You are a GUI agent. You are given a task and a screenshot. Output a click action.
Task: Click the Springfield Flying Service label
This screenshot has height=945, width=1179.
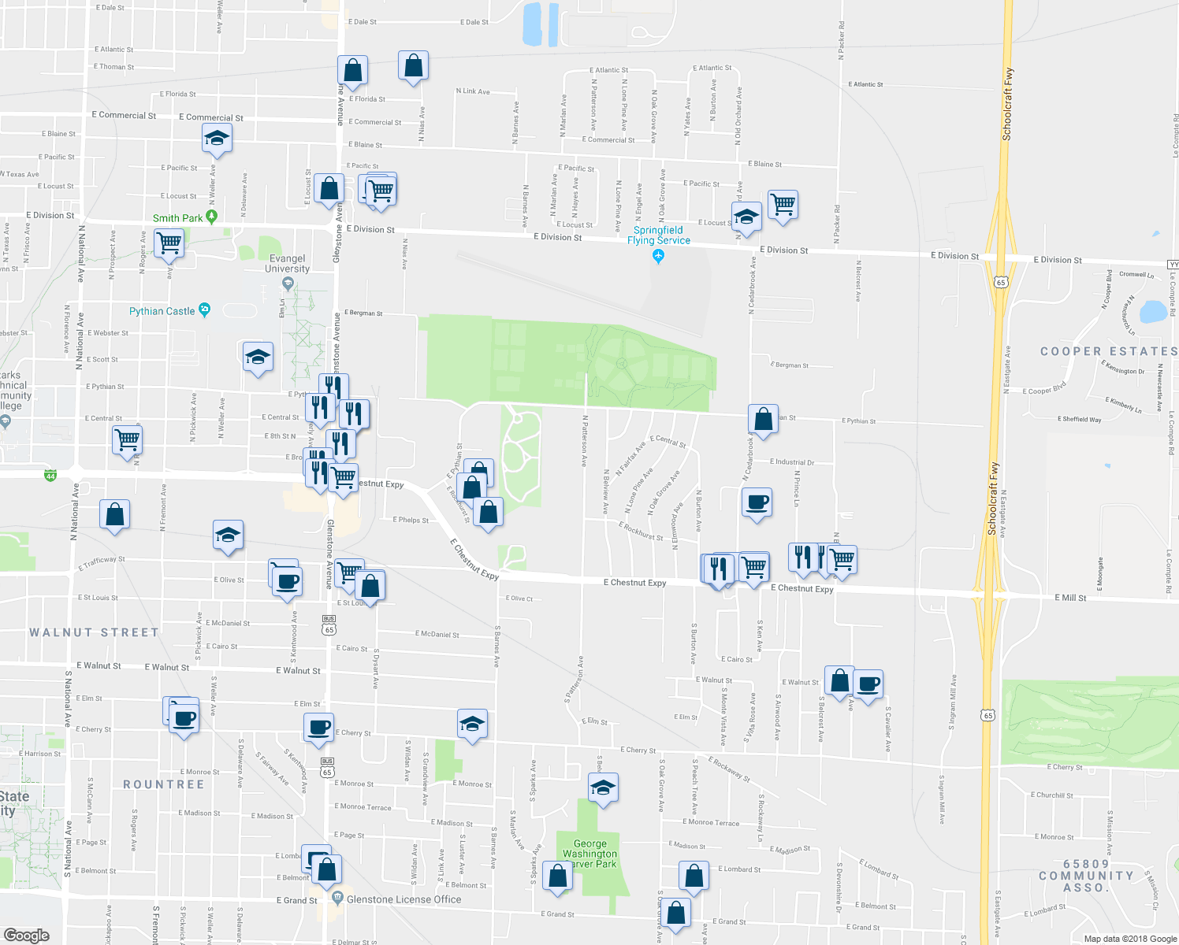tap(659, 235)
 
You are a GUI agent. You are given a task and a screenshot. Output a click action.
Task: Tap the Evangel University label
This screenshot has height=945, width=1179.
tap(287, 263)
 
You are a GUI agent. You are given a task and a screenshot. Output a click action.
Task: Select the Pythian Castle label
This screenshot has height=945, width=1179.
tap(162, 311)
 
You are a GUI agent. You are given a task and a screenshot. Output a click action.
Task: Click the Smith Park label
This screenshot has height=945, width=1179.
tap(177, 218)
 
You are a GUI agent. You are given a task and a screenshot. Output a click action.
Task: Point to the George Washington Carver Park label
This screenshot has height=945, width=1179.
tap(589, 854)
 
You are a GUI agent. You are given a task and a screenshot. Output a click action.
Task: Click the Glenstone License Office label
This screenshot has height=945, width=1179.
tap(404, 899)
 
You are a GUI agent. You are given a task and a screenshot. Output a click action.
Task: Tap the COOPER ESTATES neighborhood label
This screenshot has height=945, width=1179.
tap(1108, 351)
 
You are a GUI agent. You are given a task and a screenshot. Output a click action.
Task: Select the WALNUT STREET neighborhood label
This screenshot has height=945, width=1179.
tap(94, 632)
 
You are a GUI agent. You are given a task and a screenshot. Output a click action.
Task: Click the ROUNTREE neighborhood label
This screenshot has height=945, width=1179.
tap(163, 784)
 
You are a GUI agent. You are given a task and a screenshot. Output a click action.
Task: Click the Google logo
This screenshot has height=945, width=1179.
tap(26, 935)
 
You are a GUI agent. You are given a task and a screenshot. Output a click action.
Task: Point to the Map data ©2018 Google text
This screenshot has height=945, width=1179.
tap(1129, 939)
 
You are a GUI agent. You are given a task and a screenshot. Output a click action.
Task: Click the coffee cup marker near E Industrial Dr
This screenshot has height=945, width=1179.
tap(757, 502)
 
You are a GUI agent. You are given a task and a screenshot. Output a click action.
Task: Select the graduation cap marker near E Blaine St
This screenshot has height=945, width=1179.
tap(217, 139)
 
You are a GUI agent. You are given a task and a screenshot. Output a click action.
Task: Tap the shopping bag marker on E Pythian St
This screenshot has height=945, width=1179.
tap(763, 419)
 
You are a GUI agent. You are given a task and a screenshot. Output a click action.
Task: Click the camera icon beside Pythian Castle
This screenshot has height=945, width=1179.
tap(205, 309)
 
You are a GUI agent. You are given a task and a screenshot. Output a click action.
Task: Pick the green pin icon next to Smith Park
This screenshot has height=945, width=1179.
tap(211, 217)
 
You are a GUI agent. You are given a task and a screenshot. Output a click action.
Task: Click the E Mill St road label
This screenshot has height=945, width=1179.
tap(1070, 598)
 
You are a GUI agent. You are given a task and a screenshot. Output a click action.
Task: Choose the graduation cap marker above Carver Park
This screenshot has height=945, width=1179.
tap(603, 787)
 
